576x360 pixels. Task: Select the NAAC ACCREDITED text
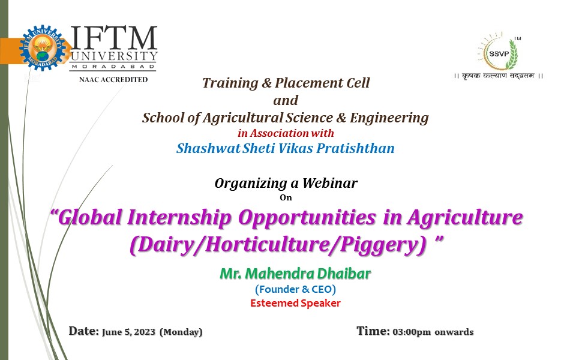113,79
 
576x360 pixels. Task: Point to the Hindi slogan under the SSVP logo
498,77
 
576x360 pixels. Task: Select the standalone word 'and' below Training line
285,100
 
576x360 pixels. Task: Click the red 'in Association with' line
286,133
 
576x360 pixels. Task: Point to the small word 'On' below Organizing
285,196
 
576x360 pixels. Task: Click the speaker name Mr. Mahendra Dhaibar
295,274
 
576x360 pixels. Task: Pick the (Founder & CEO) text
295,290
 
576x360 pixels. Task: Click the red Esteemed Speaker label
295,303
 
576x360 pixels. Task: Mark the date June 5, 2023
128,332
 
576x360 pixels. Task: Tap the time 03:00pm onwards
433,332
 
